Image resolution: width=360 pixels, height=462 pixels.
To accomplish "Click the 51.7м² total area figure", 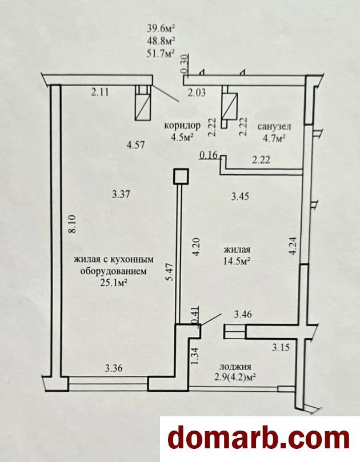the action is [161, 54].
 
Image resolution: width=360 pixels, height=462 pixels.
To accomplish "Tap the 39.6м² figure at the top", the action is [161, 29].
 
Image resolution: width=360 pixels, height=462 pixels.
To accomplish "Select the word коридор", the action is [182, 126].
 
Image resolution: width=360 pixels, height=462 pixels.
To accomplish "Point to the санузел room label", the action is [274, 127].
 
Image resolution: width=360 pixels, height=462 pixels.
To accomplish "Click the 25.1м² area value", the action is [113, 283].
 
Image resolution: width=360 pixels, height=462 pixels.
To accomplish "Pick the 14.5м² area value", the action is [237, 261].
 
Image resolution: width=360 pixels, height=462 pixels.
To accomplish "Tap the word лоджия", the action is [235, 367].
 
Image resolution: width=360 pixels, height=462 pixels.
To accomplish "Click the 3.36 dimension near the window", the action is [114, 368].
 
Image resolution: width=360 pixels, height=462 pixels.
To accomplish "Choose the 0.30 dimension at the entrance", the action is [184, 64].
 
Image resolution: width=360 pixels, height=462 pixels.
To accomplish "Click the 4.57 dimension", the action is [135, 145].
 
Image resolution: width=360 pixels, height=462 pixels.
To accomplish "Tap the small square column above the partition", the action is [181, 176].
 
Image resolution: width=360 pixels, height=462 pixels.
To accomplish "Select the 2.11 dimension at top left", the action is [100, 93].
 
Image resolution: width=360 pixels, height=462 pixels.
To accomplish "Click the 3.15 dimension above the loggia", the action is [281, 348].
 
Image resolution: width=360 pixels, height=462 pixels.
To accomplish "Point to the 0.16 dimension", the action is [208, 155].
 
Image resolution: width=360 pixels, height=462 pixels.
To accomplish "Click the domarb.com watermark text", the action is [259, 439].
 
